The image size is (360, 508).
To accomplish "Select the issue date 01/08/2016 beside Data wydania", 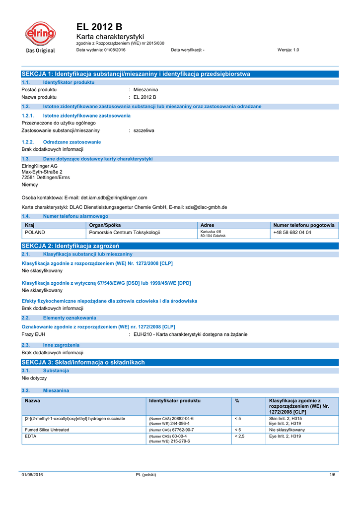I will tap(115, 50).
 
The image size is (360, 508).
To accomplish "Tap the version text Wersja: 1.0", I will tap(288, 50).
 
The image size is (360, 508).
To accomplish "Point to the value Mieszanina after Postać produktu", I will tap(145, 89).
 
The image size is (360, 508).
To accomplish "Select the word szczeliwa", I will tap(144, 130).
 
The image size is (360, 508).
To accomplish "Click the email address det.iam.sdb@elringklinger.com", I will tap(107, 197).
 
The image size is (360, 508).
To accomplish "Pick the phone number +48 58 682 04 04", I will tap(292, 232).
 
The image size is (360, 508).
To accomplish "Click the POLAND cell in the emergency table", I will tap(35, 232).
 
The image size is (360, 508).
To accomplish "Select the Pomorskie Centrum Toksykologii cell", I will tap(124, 232).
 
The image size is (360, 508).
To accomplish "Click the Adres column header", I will tap(208, 225).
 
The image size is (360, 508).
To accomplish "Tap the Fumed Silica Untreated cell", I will tap(47, 430).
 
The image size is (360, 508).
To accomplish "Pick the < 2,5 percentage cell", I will tap(239, 436).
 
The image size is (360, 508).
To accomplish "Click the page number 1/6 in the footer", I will tap(333, 475).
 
